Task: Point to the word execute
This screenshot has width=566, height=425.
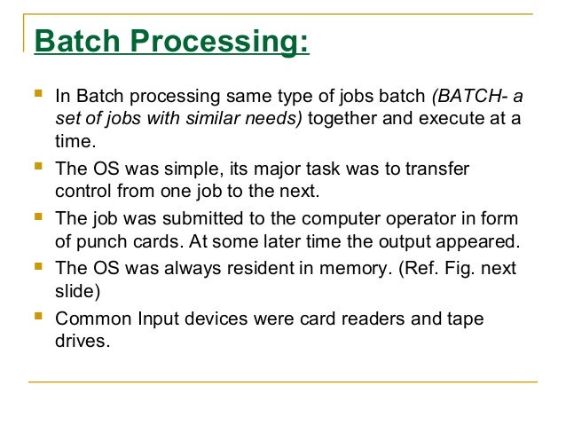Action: [449, 119]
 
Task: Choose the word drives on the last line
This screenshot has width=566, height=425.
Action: [81, 340]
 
